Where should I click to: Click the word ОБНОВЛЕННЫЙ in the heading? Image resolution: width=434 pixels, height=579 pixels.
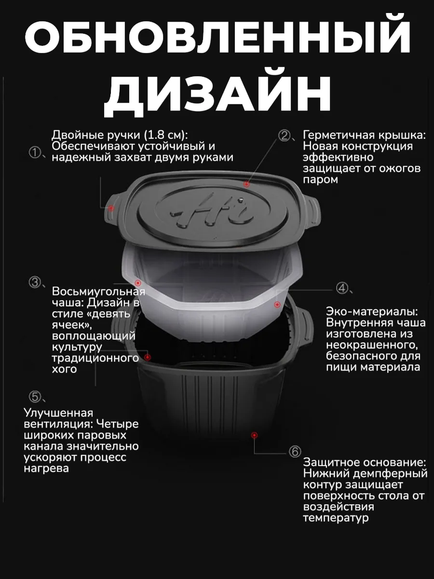coord(217,38)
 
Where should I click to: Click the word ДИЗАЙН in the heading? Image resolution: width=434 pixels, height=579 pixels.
coord(217,95)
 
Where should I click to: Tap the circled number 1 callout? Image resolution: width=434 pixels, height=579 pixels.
coord(35,152)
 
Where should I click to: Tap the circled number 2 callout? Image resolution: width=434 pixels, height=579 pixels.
coord(285,136)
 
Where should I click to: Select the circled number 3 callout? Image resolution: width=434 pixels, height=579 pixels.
coord(35,282)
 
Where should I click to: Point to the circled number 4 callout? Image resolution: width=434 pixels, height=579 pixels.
coord(342,288)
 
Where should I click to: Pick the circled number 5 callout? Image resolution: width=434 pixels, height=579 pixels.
coord(35,397)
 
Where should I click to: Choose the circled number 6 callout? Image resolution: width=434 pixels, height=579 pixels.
coord(295,452)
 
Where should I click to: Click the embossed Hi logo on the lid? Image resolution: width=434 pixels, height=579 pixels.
coord(211,212)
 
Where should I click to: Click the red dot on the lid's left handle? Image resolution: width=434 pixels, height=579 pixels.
coord(111,208)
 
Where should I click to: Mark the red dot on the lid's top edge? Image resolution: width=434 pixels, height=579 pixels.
coord(246,184)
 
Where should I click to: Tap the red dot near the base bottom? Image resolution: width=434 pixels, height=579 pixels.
coord(254,435)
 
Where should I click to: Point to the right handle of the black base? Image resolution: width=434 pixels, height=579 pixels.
coord(307,326)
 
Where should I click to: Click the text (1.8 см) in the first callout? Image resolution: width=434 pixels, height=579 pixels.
coord(166,135)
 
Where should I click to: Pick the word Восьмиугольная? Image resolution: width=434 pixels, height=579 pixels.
coord(98,292)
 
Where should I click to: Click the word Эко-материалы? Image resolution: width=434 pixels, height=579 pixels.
coord(372,312)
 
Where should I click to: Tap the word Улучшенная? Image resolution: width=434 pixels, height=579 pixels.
coord(58,413)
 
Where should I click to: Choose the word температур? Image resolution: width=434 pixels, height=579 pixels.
coord(336,518)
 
